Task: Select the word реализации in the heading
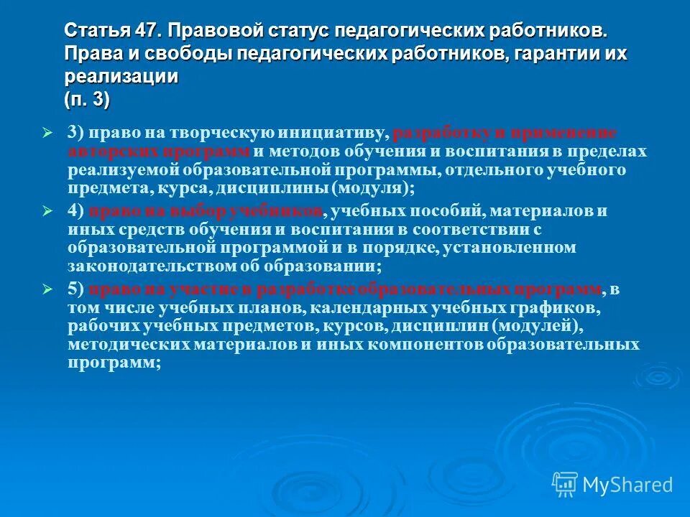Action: click(x=121, y=78)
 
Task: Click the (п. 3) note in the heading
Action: click(x=87, y=100)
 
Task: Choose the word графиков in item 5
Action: click(x=556, y=307)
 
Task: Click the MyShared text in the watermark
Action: click(x=627, y=485)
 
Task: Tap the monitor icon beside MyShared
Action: click(x=565, y=485)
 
